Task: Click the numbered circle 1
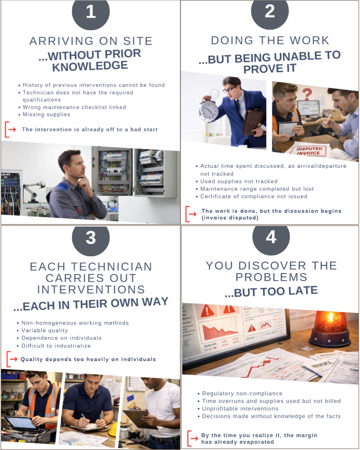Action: point(91,12)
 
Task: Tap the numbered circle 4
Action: point(271,237)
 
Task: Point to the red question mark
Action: point(307,94)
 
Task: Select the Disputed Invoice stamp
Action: point(309,151)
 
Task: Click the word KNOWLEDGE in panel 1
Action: point(90,66)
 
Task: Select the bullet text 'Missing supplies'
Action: point(46,115)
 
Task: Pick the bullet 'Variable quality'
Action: point(45,331)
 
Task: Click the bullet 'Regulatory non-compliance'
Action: point(242,394)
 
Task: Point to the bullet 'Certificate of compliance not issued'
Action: point(254,196)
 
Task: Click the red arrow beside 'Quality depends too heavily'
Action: point(13,359)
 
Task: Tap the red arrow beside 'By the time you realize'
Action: point(194,439)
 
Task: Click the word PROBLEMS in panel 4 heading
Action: point(271,277)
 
